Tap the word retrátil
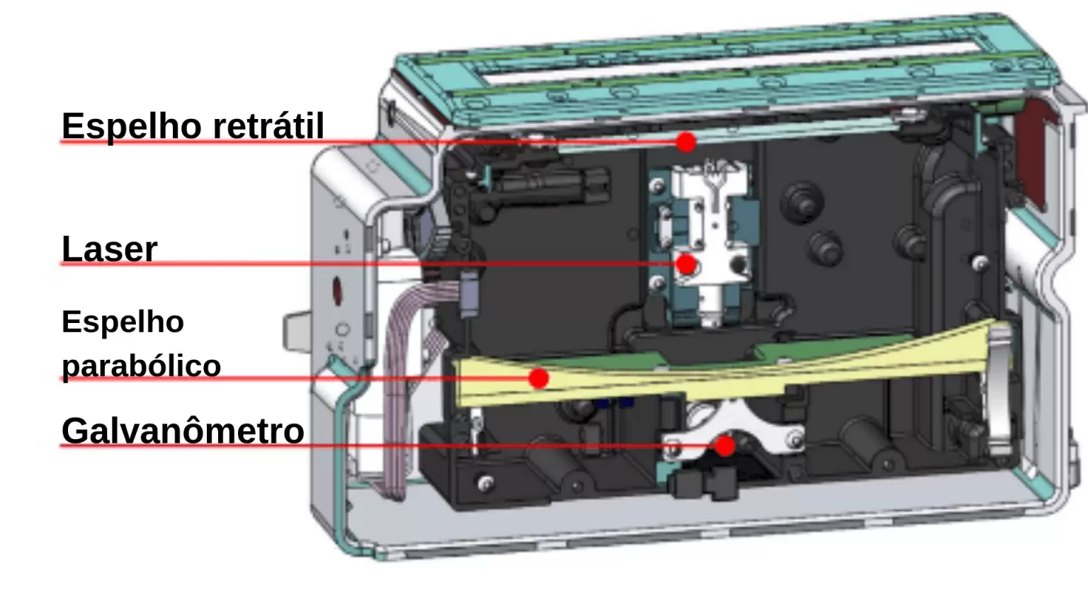(x=268, y=125)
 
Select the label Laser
(x=110, y=249)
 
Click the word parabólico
(x=142, y=366)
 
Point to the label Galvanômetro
(x=183, y=431)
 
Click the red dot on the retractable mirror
(x=686, y=142)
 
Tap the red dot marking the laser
(x=686, y=265)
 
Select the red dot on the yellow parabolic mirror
(x=538, y=378)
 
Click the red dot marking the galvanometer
(x=725, y=446)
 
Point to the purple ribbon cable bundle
(x=403, y=379)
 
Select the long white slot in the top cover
(x=733, y=62)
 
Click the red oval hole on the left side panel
(x=336, y=291)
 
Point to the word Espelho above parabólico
(x=123, y=322)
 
